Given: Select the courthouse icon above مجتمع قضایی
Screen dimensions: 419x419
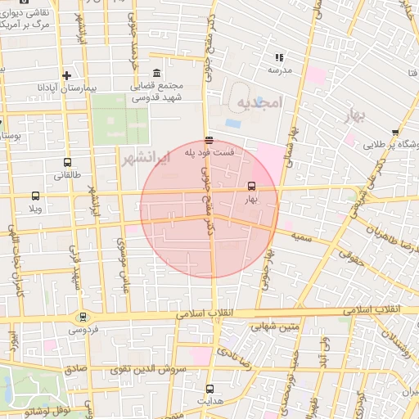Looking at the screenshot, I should click(x=157, y=74).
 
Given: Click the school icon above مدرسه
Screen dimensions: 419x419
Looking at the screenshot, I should click(x=279, y=58).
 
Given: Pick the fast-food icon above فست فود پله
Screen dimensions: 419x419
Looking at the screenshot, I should click(x=209, y=139).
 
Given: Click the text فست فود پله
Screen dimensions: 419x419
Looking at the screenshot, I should click(x=210, y=152).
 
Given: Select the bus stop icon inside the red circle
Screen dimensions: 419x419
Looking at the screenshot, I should click(x=250, y=186).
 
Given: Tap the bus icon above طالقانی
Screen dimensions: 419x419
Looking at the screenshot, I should click(x=66, y=162).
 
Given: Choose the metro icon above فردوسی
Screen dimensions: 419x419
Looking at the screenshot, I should click(x=82, y=318).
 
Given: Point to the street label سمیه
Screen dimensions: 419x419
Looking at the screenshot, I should click(x=299, y=236).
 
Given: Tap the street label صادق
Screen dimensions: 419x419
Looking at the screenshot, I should click(x=74, y=370).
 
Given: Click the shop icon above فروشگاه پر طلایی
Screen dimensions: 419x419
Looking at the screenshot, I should click(x=394, y=132).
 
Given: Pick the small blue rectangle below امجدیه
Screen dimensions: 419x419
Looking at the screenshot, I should click(x=233, y=124).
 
